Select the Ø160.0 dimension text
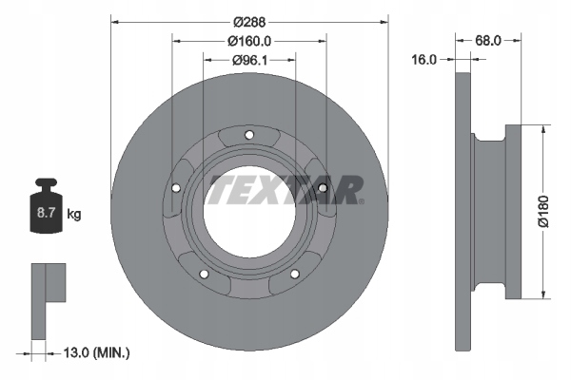pyautogui.click(x=249, y=40)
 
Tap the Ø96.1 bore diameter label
pyautogui.click(x=249, y=60)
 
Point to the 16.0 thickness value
pyautogui.click(x=424, y=59)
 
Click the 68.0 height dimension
pyautogui.click(x=488, y=40)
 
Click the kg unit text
pyautogui.click(x=73, y=215)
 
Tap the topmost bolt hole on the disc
pyautogui.click(x=249, y=134)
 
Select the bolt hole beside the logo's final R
pyautogui.click(x=323, y=187)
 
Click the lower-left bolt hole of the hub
pyautogui.click(x=204, y=275)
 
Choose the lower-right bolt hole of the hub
pyautogui.click(x=294, y=275)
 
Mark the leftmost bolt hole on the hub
pyautogui.click(x=176, y=188)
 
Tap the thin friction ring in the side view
pyautogui.click(x=463, y=209)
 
